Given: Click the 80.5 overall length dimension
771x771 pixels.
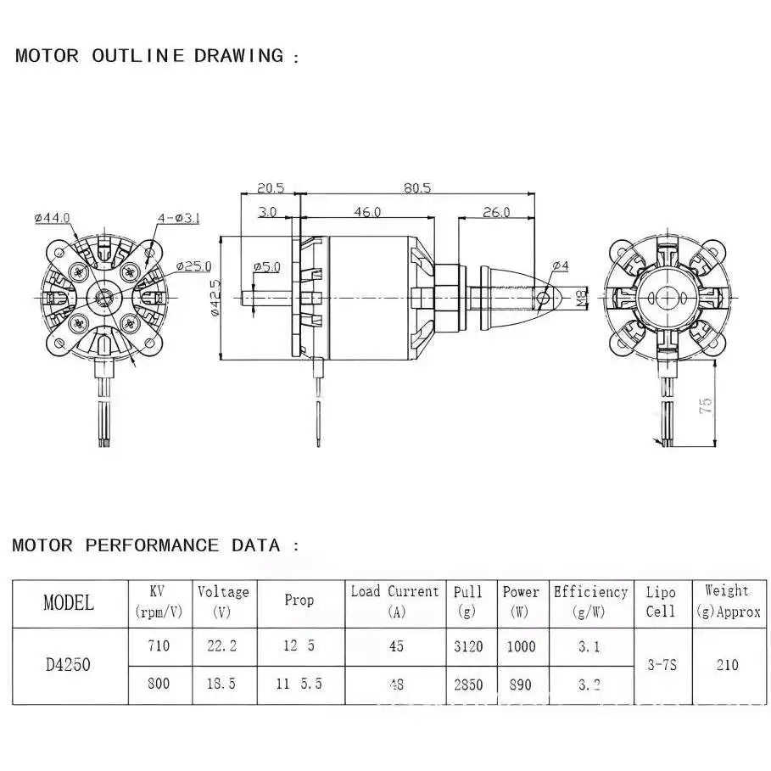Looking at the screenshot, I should (417, 187).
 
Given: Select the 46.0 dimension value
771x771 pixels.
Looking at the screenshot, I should (367, 212).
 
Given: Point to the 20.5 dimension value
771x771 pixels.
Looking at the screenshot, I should (270, 187).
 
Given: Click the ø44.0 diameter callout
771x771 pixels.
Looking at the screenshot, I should (53, 218).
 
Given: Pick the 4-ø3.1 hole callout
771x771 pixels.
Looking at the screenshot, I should (177, 218).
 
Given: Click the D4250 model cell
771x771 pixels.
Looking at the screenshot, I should (69, 665).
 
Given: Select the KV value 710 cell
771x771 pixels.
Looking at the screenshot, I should (159, 646).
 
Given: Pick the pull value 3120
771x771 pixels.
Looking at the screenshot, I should (467, 646).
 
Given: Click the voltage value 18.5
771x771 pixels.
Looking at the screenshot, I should (222, 684).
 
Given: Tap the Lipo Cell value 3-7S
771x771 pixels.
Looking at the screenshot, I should (661, 665).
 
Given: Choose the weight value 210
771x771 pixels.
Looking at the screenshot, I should (727, 665).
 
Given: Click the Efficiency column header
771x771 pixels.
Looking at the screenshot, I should (590, 601).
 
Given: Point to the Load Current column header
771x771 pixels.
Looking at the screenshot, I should (394, 601).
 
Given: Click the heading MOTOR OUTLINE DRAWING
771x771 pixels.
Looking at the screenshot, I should (149, 57).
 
